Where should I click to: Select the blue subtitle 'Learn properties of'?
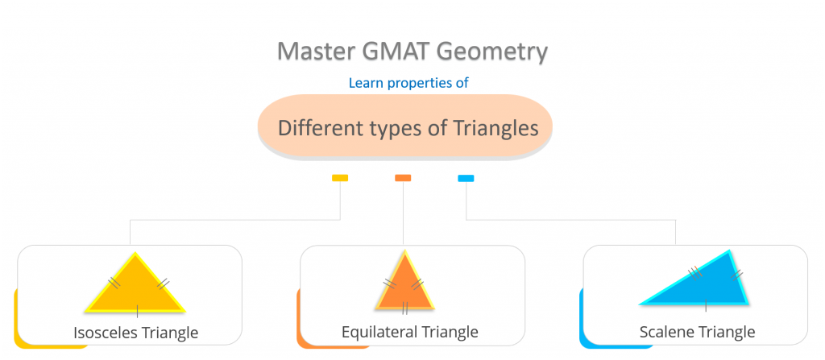pos(408,82)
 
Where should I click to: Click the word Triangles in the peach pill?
pos(492,127)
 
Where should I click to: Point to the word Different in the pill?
pos(317,127)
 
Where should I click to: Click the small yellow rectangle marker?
pos(340,178)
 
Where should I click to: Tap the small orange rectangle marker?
pos(403,178)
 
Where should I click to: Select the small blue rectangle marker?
pos(466,178)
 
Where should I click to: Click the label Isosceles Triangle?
pos(135,332)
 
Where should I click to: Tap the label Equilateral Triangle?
pos(410,332)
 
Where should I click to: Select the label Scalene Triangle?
pos(697,332)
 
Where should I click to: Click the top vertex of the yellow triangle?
pos(135,255)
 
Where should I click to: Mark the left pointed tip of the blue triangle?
pos(641,304)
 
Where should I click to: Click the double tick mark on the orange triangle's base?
pos(404,308)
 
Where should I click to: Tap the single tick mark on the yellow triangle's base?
pos(137,308)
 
